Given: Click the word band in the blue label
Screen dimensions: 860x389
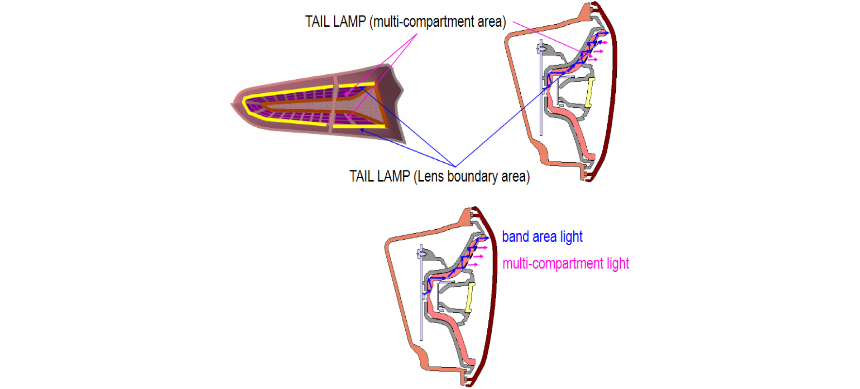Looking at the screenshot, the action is pyautogui.click(x=515, y=237).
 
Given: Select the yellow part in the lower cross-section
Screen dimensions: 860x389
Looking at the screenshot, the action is pyautogui.click(x=470, y=297).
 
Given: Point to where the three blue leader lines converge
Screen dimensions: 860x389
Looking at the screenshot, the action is pyautogui.click(x=455, y=167).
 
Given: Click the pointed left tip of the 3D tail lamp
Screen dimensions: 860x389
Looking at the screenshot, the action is pyautogui.click(x=231, y=103).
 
